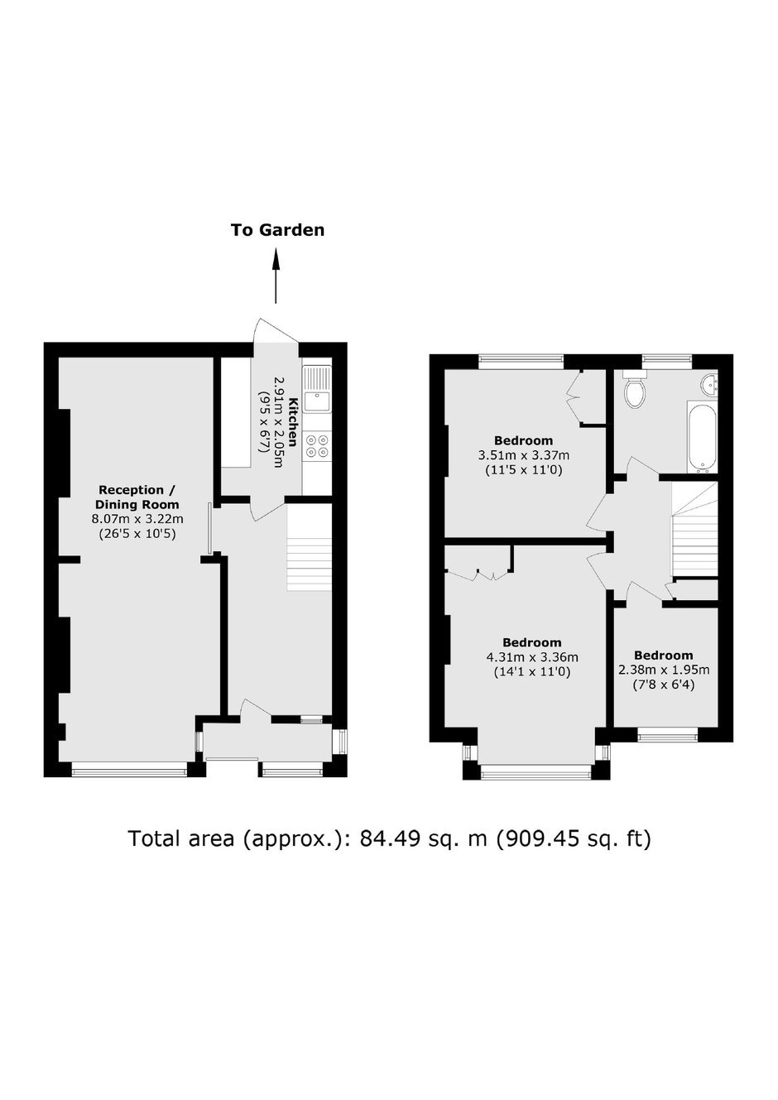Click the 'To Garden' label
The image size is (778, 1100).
(277, 230)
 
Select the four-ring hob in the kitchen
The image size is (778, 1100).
(317, 446)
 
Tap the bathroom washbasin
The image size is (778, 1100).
(710, 385)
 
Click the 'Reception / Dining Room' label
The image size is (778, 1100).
(137, 497)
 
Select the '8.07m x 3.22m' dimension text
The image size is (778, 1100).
(137, 519)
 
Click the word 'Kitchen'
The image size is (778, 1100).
(294, 422)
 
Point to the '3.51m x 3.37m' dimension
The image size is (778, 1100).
(524, 454)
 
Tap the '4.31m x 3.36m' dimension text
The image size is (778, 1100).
(532, 656)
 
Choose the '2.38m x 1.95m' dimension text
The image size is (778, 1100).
(664, 669)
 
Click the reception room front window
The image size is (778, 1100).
(129, 772)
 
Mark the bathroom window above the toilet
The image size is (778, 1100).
(666, 361)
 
